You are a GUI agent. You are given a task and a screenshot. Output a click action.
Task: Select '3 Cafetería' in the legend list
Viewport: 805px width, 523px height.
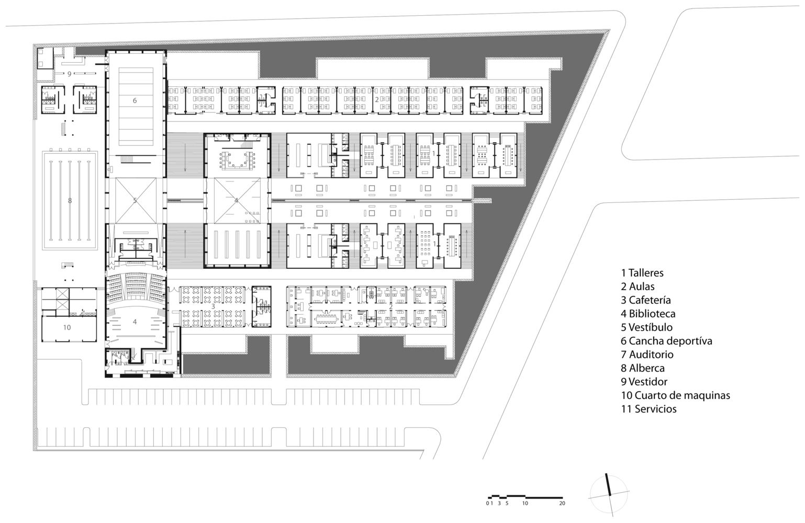(x=645, y=300)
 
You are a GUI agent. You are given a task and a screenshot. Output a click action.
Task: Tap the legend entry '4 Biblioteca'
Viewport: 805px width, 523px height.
(x=648, y=314)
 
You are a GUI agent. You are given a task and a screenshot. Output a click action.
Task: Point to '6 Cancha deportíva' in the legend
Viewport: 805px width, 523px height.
(x=666, y=341)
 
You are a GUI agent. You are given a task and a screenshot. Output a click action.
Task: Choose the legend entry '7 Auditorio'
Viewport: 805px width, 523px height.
(x=647, y=355)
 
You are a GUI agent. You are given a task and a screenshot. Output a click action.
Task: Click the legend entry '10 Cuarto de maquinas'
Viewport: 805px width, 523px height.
(x=675, y=395)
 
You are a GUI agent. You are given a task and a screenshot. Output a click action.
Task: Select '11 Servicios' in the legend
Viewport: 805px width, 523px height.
(x=649, y=409)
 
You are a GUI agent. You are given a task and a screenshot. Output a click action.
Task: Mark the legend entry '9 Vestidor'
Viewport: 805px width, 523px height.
(x=644, y=381)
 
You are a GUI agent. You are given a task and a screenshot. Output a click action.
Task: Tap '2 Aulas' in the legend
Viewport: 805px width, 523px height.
(x=638, y=286)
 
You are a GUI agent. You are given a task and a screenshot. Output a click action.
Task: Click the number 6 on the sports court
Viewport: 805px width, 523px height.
(x=135, y=100)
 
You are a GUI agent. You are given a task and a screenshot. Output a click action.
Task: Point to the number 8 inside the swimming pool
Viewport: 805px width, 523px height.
(x=70, y=200)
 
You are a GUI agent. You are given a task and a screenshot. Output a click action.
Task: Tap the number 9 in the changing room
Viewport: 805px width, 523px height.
(x=70, y=74)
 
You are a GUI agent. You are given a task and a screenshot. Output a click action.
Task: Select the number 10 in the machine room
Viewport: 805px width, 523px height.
(x=67, y=327)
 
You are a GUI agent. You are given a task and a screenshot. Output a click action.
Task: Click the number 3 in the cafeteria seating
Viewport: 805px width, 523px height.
(x=213, y=306)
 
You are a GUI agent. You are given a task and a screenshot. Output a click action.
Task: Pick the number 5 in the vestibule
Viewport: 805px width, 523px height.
(x=135, y=200)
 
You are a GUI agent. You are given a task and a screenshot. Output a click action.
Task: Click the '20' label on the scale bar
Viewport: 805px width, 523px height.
(x=562, y=503)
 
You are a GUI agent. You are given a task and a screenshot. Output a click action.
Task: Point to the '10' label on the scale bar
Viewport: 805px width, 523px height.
(x=525, y=503)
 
